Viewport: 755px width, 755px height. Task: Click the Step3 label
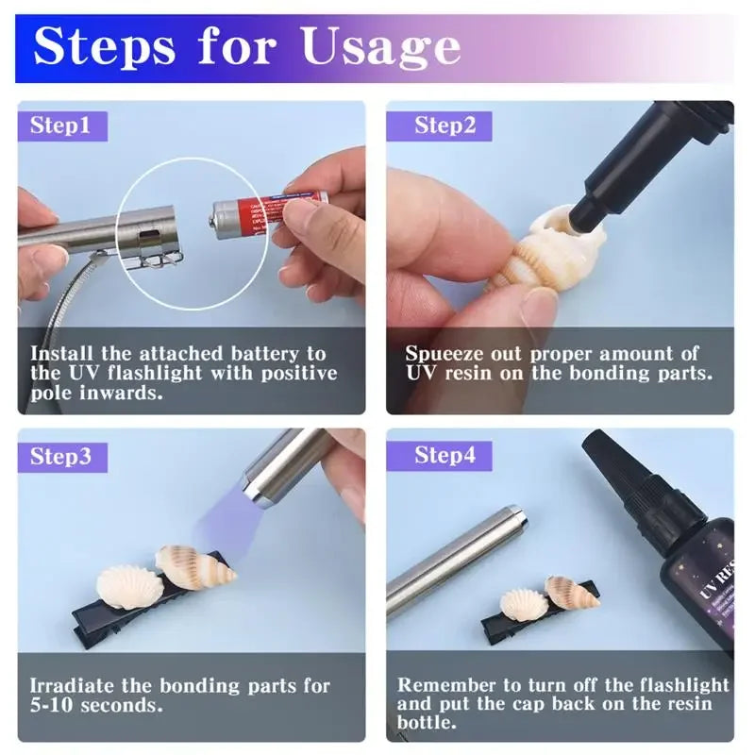[60, 457]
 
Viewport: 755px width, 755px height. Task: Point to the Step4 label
[445, 457]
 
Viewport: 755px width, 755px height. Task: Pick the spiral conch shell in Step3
[193, 566]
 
